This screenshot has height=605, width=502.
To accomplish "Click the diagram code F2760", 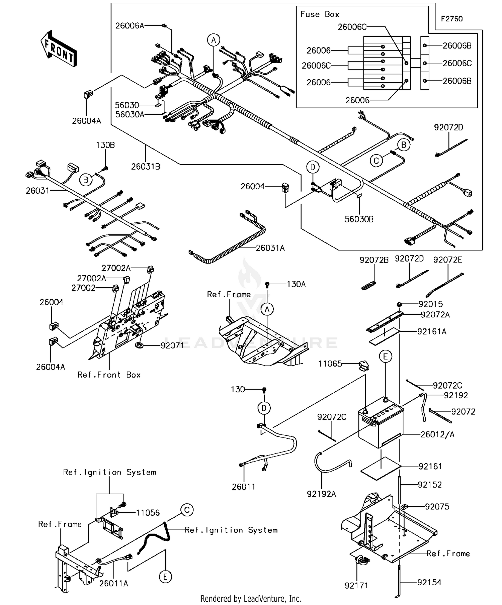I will (x=451, y=19).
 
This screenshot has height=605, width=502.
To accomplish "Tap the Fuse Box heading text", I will (x=320, y=14).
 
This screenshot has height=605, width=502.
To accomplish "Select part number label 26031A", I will (x=270, y=248).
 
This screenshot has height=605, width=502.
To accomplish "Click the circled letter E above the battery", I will (x=385, y=357).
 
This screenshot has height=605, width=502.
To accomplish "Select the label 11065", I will (x=330, y=364).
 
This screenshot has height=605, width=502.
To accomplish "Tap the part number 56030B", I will (x=359, y=219).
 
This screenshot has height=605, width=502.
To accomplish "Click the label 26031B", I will (x=145, y=167).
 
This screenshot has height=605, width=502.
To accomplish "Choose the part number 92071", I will (x=172, y=345).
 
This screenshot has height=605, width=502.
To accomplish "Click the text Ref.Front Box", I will (x=109, y=375).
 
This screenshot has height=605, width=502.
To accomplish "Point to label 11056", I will (x=148, y=513).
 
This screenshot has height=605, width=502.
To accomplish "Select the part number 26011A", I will (x=113, y=584).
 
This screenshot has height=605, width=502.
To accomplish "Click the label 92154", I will (x=429, y=582).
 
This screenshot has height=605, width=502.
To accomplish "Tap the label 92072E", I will (x=447, y=260).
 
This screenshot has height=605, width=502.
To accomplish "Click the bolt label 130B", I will (x=105, y=145).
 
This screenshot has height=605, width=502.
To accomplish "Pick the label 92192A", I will (x=321, y=494).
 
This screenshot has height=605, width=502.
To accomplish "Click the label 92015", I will (x=430, y=304).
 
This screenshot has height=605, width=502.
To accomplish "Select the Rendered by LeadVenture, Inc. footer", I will (x=251, y=599).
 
